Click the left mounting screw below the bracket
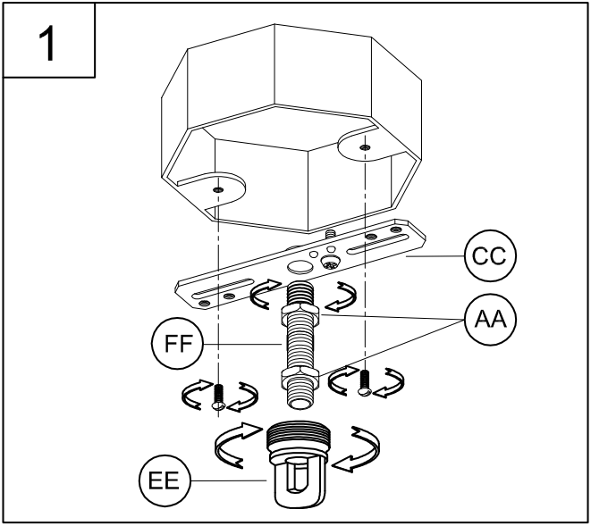pyautogui.click(x=217, y=396)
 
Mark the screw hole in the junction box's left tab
pyautogui.click(x=218, y=189)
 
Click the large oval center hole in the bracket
pyautogui.click(x=299, y=266)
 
